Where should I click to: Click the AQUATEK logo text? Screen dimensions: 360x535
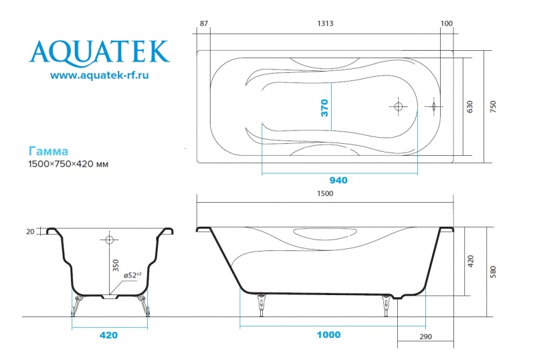tap(99, 51)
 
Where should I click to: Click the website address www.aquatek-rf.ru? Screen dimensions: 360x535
tap(99, 76)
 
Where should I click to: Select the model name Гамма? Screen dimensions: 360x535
tap(48, 152)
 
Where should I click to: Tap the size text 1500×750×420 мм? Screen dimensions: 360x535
tap(68, 164)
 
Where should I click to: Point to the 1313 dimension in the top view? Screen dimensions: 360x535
tap(325, 23)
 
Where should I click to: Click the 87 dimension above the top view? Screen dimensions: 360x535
tap(205, 23)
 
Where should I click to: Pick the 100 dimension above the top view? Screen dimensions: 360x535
tap(447, 23)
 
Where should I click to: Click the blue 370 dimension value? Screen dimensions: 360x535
tap(324, 108)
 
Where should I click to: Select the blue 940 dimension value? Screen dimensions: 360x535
tap(338, 180)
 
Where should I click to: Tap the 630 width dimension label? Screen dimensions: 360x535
tap(470, 107)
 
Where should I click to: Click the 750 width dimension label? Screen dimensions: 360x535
tap(493, 107)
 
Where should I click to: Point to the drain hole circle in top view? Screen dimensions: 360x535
tap(398, 106)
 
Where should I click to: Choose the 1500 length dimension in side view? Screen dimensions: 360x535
tap(325, 193)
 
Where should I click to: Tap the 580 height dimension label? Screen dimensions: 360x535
tap(493, 272)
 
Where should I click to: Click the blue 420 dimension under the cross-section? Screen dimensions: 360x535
tap(109, 335)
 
